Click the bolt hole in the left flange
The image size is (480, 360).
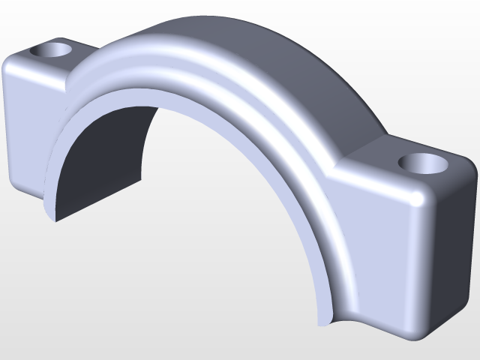(x=52, y=51)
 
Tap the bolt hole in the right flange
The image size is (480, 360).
(x=422, y=162)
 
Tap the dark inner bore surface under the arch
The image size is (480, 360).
(x=105, y=157)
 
